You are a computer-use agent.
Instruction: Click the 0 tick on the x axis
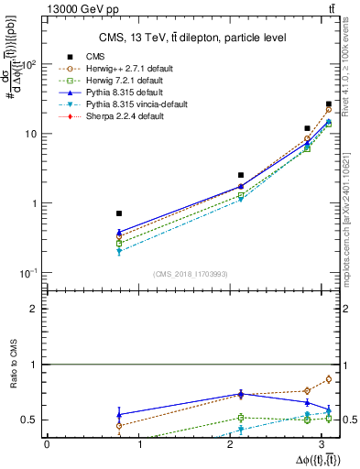pos(47,444)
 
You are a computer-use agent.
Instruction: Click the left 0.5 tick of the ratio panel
pos(35,420)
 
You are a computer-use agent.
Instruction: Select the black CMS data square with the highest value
pos(329,104)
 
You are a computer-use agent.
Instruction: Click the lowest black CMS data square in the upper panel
pos(119,213)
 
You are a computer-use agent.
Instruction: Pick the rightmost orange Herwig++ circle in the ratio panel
pos(329,379)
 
